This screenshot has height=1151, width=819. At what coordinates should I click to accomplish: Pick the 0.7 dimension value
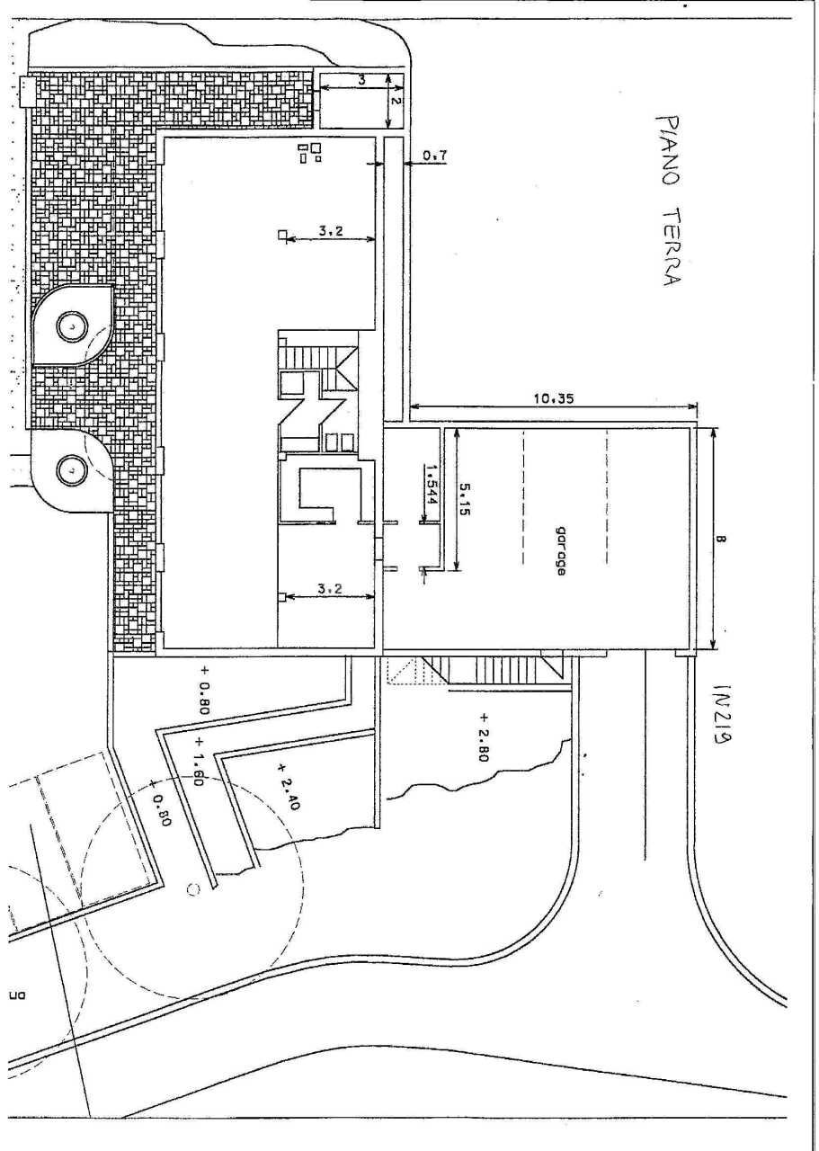coord(435,156)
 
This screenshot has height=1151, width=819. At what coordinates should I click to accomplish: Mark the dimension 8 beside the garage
coord(724,540)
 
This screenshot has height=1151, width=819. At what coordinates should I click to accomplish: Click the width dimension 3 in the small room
coord(361,80)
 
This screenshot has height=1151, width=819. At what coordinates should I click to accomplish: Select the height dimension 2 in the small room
coord(396,102)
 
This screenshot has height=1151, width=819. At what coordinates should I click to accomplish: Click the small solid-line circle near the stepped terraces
coord(191,890)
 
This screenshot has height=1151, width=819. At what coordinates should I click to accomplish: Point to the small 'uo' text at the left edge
coord(15,995)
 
